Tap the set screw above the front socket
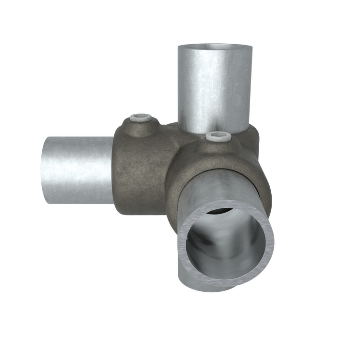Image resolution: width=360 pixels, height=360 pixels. click(218, 136)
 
